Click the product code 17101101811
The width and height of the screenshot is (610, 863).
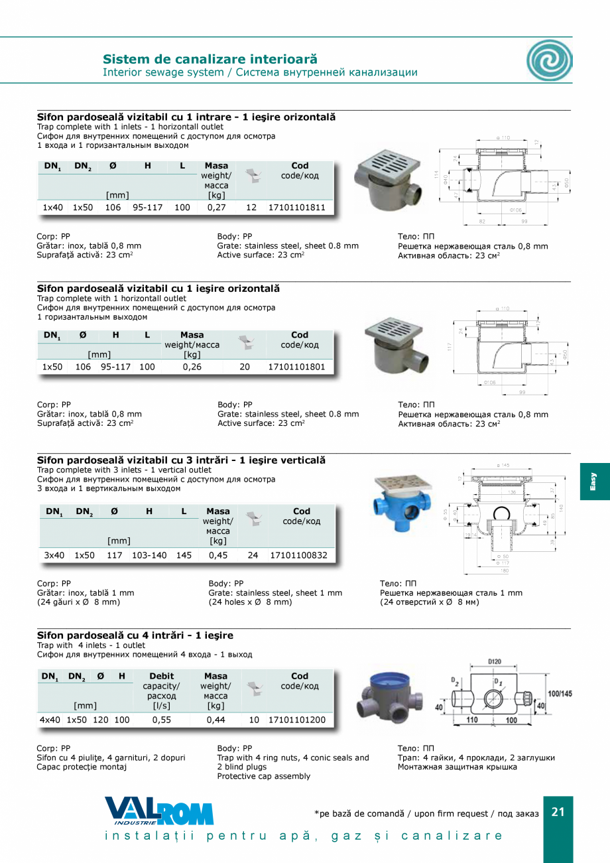pos(296,208)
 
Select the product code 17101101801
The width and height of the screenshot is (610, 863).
pos(296,367)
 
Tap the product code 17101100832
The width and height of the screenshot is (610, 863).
pos(298,555)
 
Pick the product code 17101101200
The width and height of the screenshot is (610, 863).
pos(296,720)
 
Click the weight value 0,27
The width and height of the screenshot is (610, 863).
pos(216,208)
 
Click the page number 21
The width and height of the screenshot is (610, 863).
pos(558,812)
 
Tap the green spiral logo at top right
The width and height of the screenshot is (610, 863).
pos(549,60)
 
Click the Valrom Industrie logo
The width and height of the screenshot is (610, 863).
pos(159,811)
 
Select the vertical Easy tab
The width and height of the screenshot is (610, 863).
pos(594,482)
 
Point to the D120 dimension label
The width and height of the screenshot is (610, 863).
pos(494,661)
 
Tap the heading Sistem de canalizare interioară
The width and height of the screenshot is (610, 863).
pos(210,59)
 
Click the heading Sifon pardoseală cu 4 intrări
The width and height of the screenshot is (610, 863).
pos(135,635)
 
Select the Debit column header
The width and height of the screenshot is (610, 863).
pos(162,676)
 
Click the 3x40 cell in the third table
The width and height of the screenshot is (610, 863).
pos(54,555)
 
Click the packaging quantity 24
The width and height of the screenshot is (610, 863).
pos(253,555)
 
